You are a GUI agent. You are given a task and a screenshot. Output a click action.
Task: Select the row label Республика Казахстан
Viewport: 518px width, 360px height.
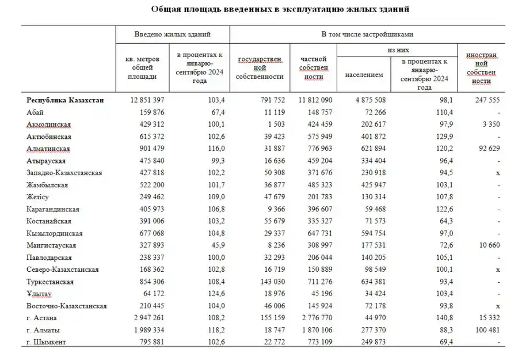pyautogui.click(x=65, y=100)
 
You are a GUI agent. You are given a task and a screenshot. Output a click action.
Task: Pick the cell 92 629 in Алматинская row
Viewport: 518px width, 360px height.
pyautogui.click(x=484, y=148)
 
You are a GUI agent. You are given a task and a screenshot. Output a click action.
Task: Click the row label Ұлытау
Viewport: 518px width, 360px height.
pyautogui.click(x=39, y=293)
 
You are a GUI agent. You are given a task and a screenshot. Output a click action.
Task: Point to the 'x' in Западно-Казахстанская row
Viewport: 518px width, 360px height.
pyautogui.click(x=497, y=173)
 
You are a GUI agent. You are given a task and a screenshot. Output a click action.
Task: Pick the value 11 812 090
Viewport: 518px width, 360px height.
pyautogui.click(x=314, y=100)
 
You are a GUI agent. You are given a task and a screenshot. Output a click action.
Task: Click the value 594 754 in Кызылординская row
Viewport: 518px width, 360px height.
pyautogui.click(x=369, y=233)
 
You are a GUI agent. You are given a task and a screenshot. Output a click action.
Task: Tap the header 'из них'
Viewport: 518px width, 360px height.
pyautogui.click(x=397, y=51)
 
